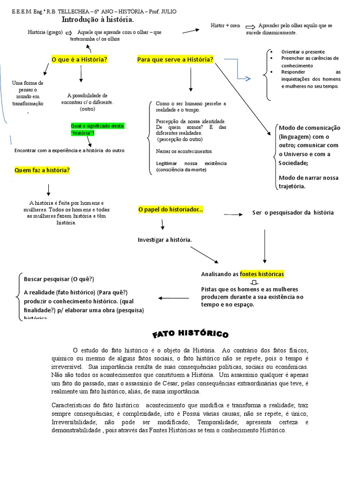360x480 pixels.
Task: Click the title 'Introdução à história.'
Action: click(97, 20)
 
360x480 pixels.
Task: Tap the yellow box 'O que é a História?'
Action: click(79, 60)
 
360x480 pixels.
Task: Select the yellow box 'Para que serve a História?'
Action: click(175, 60)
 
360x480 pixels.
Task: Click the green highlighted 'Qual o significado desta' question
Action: click(97, 126)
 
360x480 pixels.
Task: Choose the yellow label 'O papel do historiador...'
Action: click(171, 210)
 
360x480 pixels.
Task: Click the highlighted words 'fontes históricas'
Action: click(262, 274)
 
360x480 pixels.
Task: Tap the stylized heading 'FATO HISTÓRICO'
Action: click(190, 334)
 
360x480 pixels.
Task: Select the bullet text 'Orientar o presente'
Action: click(303, 52)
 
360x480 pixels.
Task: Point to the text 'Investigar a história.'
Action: click(165, 240)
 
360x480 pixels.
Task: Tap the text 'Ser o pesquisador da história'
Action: click(293, 212)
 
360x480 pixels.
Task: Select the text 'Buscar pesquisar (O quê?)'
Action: click(59, 279)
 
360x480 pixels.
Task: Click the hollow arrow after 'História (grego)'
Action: click(68, 32)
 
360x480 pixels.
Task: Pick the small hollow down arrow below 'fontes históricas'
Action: click(254, 282)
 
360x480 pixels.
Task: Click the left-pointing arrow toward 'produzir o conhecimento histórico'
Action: click(174, 298)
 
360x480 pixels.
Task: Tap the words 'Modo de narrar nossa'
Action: click(308, 178)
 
